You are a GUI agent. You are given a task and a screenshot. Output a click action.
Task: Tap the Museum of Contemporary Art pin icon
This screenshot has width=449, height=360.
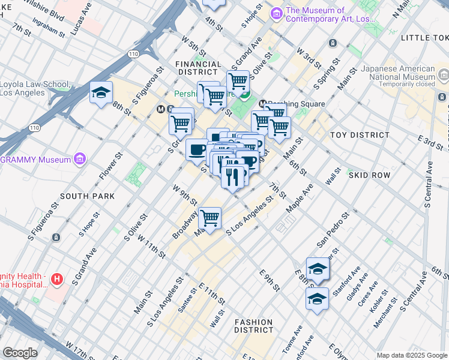[x=277, y=14]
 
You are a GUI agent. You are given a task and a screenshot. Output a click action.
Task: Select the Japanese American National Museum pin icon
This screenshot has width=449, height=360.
[x=444, y=74]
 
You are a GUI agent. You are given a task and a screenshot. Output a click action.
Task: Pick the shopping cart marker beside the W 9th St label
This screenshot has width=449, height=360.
[x=209, y=218]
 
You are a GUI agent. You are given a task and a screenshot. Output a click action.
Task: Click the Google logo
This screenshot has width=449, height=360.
[x=20, y=353]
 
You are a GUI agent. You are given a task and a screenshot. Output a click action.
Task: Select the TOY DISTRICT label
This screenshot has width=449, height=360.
[x=360, y=135]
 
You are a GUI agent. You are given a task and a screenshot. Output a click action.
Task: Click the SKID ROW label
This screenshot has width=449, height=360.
[x=369, y=175]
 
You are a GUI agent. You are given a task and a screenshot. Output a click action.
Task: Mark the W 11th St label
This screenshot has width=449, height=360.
[x=151, y=246]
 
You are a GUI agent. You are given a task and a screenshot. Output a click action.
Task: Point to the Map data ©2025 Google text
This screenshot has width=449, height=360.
[x=411, y=355]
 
